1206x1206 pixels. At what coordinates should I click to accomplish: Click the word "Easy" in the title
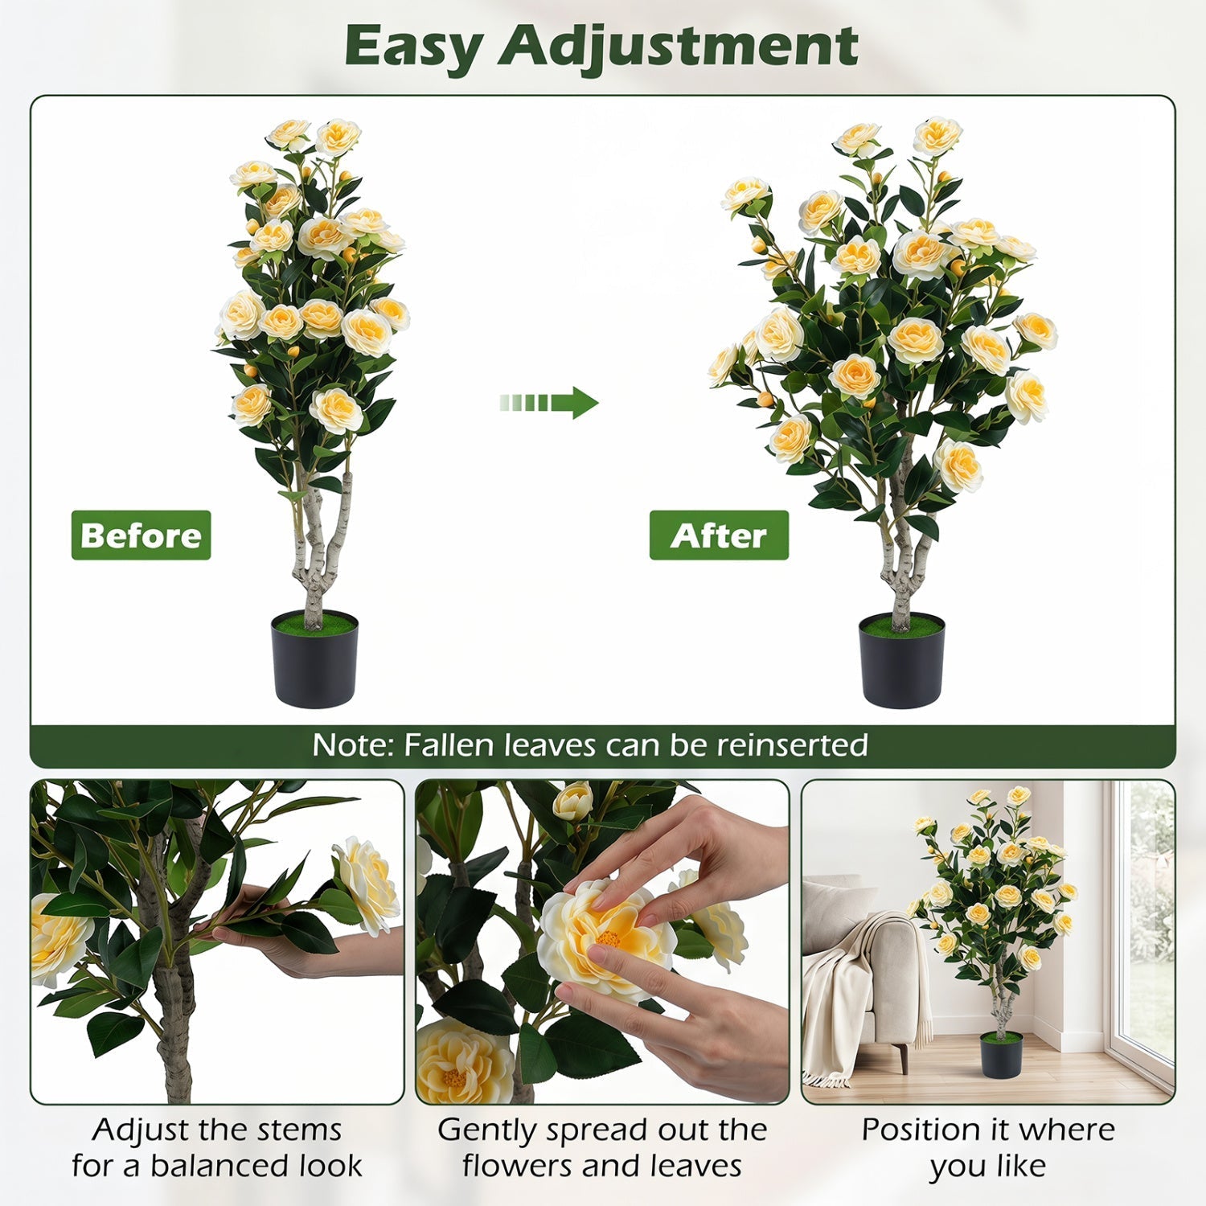coord(412,47)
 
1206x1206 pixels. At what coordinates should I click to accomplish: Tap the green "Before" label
coord(141,535)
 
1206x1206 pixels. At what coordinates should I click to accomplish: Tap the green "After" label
coord(719,535)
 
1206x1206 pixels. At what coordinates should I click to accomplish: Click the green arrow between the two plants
coord(548,402)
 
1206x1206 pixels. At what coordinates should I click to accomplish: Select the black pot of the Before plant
coord(314,659)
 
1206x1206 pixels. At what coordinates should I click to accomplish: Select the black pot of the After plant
coord(901,661)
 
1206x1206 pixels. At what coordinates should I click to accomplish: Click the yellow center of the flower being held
coord(609,937)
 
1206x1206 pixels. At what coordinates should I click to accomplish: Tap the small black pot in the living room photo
coord(1001,1054)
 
